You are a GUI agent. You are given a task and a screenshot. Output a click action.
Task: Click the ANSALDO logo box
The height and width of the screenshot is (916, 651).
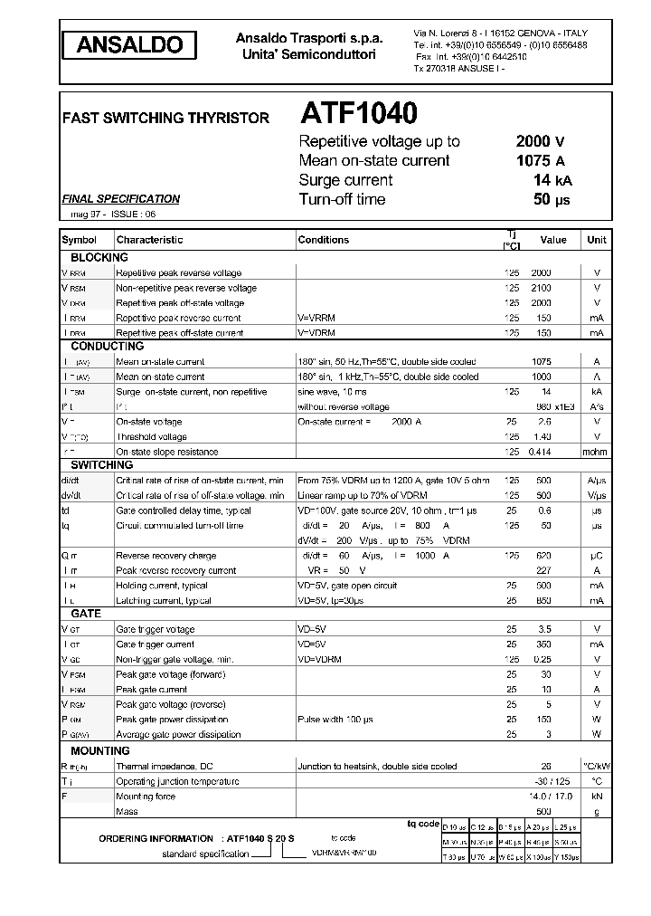click(x=129, y=44)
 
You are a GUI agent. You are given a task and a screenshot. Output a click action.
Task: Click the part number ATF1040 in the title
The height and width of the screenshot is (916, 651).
click(x=358, y=113)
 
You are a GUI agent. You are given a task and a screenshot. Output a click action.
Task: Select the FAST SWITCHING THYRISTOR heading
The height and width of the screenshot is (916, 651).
click(x=165, y=119)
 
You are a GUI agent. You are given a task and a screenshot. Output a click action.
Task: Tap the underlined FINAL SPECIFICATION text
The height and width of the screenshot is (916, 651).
click(x=120, y=199)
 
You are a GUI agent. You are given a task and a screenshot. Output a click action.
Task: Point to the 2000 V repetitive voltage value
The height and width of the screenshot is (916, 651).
click(x=540, y=141)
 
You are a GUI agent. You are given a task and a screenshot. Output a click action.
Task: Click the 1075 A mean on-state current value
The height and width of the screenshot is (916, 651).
click(x=540, y=161)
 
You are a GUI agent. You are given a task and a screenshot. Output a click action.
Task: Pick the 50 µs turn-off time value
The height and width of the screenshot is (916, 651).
click(x=551, y=200)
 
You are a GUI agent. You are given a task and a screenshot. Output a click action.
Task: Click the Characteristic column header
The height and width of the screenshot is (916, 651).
click(x=149, y=240)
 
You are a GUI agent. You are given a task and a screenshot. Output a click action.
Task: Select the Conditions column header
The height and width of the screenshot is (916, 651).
click(x=323, y=240)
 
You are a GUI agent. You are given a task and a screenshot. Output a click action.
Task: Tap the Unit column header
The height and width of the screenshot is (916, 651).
click(x=597, y=240)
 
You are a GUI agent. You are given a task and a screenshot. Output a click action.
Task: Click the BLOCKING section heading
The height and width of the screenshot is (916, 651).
click(x=99, y=258)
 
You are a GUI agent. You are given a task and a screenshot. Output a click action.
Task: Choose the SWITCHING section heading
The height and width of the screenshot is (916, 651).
click(x=102, y=465)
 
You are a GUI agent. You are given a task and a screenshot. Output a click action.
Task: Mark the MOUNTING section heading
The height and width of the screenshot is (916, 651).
click(x=100, y=750)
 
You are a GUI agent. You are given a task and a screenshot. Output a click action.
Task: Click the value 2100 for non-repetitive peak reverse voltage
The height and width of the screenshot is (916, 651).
click(x=541, y=288)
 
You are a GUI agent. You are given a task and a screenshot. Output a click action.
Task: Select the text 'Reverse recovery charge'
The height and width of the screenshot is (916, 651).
click(x=166, y=556)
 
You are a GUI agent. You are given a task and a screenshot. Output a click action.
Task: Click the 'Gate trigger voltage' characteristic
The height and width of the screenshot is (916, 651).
click(x=156, y=629)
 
